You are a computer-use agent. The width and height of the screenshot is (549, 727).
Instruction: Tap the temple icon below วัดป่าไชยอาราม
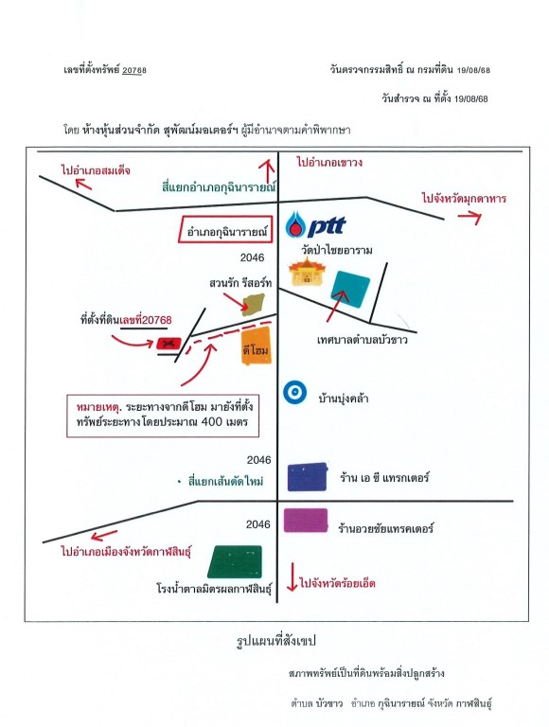click(307, 272)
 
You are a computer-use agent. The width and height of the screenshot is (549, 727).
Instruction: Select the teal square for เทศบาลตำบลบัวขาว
click(350, 289)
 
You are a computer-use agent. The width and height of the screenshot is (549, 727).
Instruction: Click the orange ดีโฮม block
click(256, 346)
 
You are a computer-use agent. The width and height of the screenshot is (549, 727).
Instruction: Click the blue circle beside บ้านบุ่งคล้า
click(295, 393)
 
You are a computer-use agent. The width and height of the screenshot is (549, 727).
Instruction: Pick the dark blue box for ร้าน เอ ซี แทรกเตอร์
click(308, 477)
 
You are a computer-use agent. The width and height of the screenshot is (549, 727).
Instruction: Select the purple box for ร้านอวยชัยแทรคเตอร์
click(306, 521)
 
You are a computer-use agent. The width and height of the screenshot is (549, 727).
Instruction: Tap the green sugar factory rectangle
click(235, 561)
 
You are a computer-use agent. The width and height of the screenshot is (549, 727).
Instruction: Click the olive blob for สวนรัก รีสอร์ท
click(254, 304)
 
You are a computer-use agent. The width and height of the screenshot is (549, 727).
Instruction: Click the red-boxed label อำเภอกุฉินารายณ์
click(225, 229)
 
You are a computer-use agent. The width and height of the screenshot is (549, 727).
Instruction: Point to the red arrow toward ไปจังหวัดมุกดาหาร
click(469, 217)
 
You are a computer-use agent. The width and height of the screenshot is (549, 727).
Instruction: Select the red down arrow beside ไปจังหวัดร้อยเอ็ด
click(292, 577)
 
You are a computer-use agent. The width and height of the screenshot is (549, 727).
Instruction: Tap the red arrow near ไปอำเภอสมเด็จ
click(83, 184)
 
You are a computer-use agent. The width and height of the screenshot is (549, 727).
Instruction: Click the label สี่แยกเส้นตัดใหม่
click(225, 481)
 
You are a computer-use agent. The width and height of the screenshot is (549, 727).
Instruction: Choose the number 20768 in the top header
click(134, 70)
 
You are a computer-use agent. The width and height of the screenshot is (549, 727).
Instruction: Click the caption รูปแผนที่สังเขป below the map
click(275, 641)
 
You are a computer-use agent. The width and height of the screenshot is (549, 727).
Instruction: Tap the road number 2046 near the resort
click(252, 257)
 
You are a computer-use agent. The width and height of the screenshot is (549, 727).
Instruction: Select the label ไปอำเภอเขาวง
click(329, 163)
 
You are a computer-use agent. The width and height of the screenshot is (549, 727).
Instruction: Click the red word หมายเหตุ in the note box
click(97, 408)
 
